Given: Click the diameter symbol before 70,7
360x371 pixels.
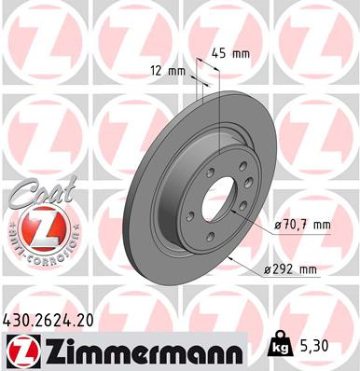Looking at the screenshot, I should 280,225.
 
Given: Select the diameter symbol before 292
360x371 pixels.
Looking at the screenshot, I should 267,269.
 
